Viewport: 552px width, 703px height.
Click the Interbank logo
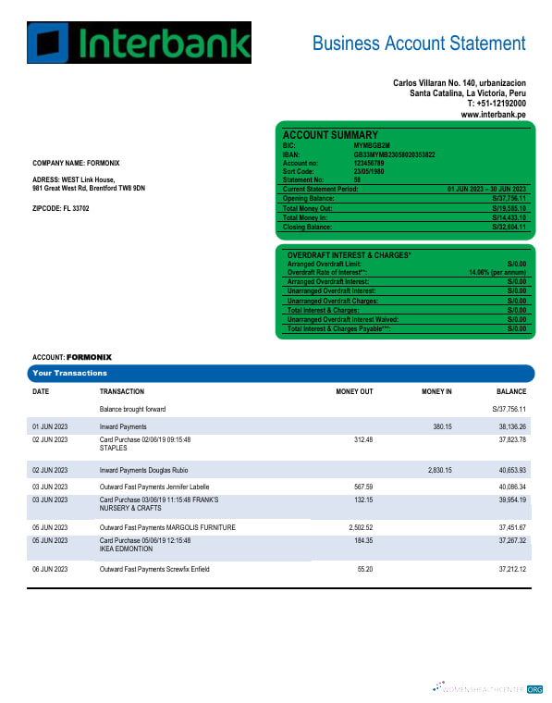pos(139,43)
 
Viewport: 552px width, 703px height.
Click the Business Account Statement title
pos(418,43)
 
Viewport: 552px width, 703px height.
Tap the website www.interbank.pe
pos(494,114)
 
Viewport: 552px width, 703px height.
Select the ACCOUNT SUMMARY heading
pos(329,135)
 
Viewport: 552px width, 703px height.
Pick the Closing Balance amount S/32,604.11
pos(509,227)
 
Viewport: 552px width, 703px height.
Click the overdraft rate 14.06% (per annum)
pos(497,273)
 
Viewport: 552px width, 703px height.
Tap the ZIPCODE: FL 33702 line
pos(61,208)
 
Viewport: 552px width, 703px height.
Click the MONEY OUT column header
pos(354,391)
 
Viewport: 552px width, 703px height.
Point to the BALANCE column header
pos(511,391)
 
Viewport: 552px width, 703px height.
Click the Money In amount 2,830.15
pos(440,471)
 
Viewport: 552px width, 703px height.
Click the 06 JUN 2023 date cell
pos(50,569)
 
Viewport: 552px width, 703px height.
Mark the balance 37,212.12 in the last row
pos(510,569)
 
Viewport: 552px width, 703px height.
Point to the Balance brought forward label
pos(132,408)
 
